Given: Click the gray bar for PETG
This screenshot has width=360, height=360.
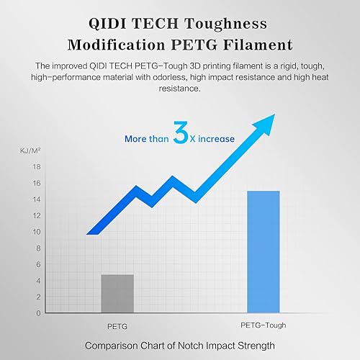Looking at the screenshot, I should [x=117, y=293].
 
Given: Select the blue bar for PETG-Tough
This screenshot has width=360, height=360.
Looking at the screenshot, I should [x=263, y=251].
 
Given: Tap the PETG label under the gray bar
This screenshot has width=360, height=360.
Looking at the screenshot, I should [x=117, y=325].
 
